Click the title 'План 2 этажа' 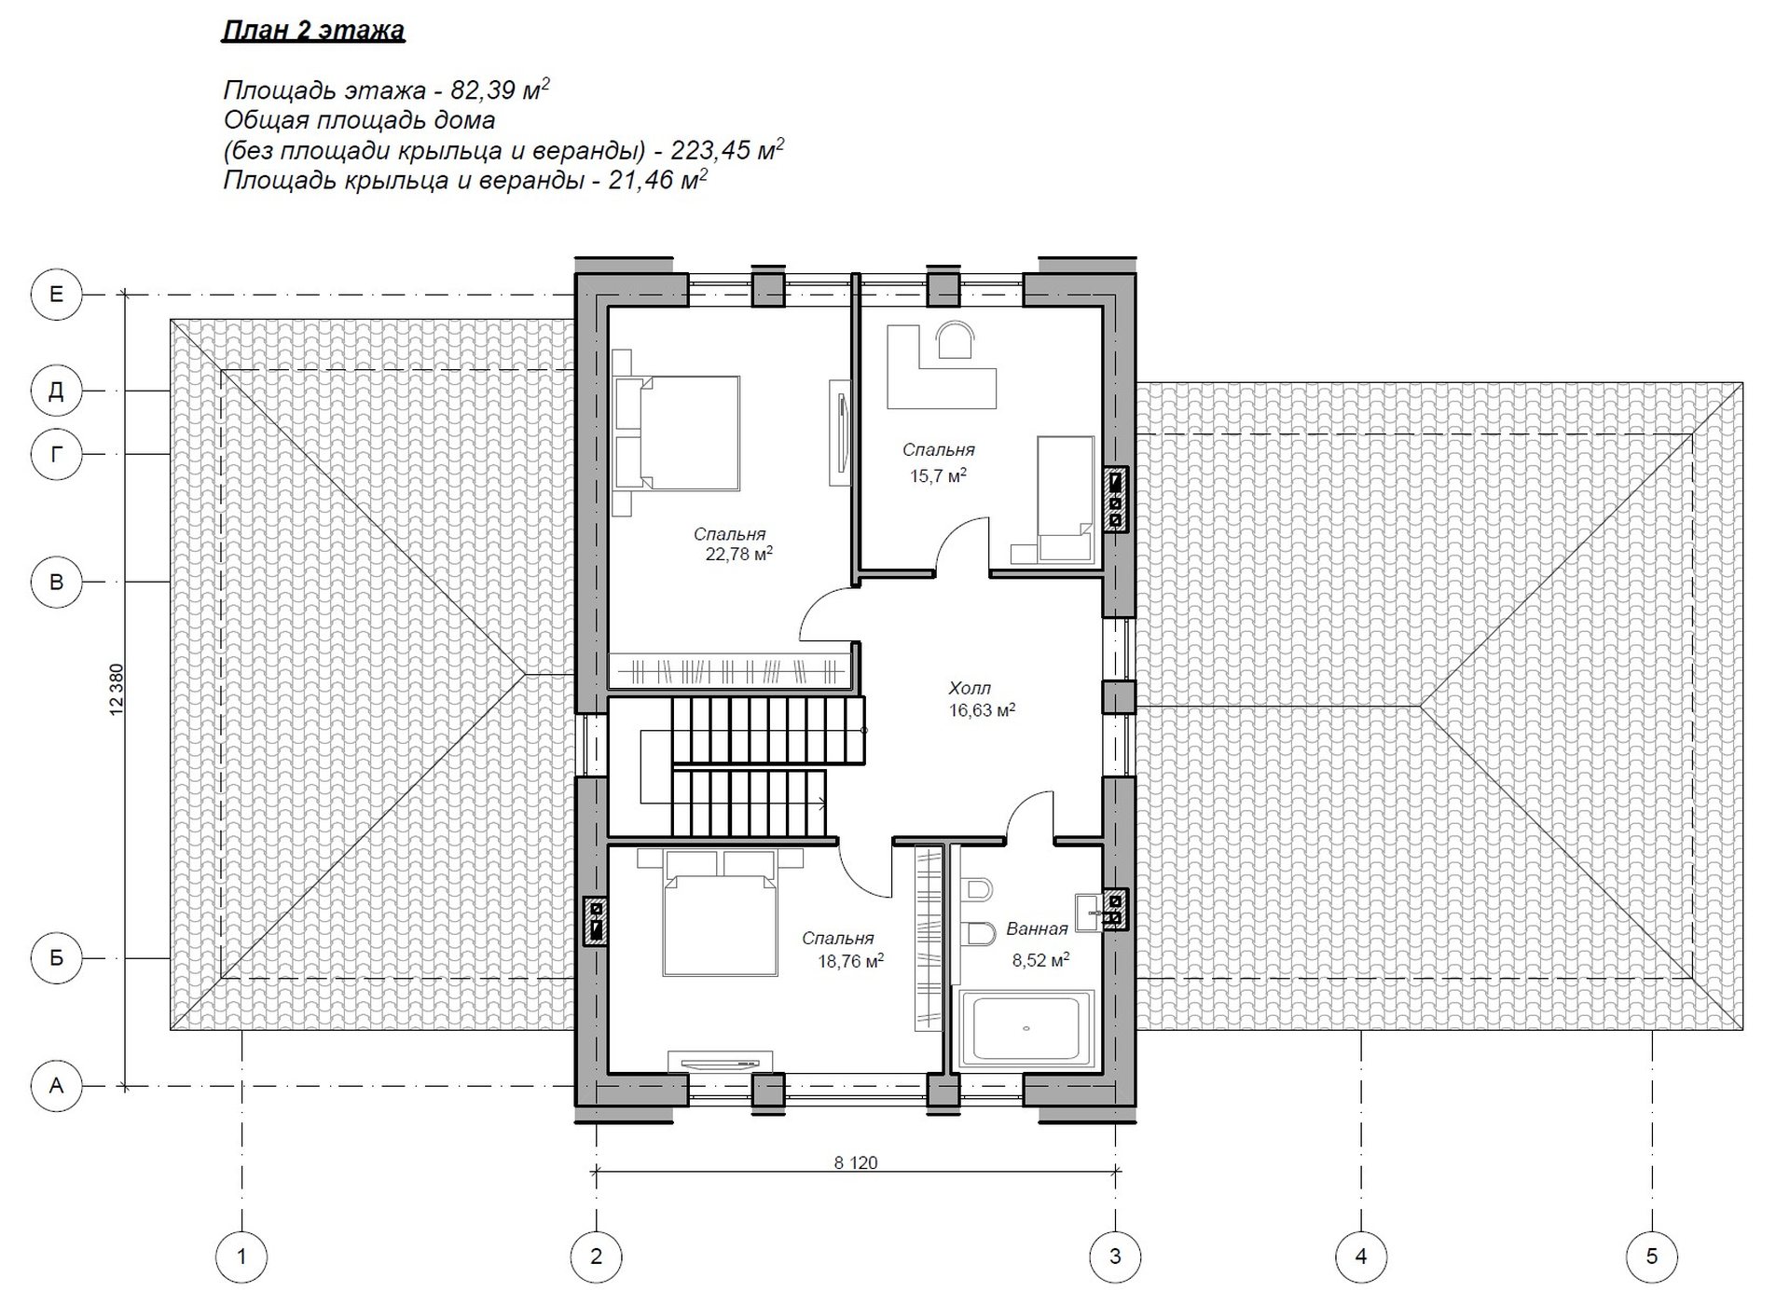coord(313,31)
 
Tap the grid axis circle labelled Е coord(57,295)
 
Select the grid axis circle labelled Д coord(57,391)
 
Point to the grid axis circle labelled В coord(57,582)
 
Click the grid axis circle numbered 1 coord(241,1257)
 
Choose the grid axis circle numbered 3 coord(1115,1257)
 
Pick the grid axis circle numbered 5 coord(1651,1257)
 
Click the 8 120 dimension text coord(855,1162)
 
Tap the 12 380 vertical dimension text coord(117,690)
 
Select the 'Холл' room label coord(970,688)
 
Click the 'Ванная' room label coord(1037,928)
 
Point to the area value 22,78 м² coord(739,555)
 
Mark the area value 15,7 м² coord(938,475)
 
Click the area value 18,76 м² coord(850,960)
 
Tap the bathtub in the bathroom coord(1026,1029)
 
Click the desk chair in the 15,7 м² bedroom coord(956,339)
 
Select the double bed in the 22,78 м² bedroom coord(676,433)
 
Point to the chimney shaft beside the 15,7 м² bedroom coord(1115,499)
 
